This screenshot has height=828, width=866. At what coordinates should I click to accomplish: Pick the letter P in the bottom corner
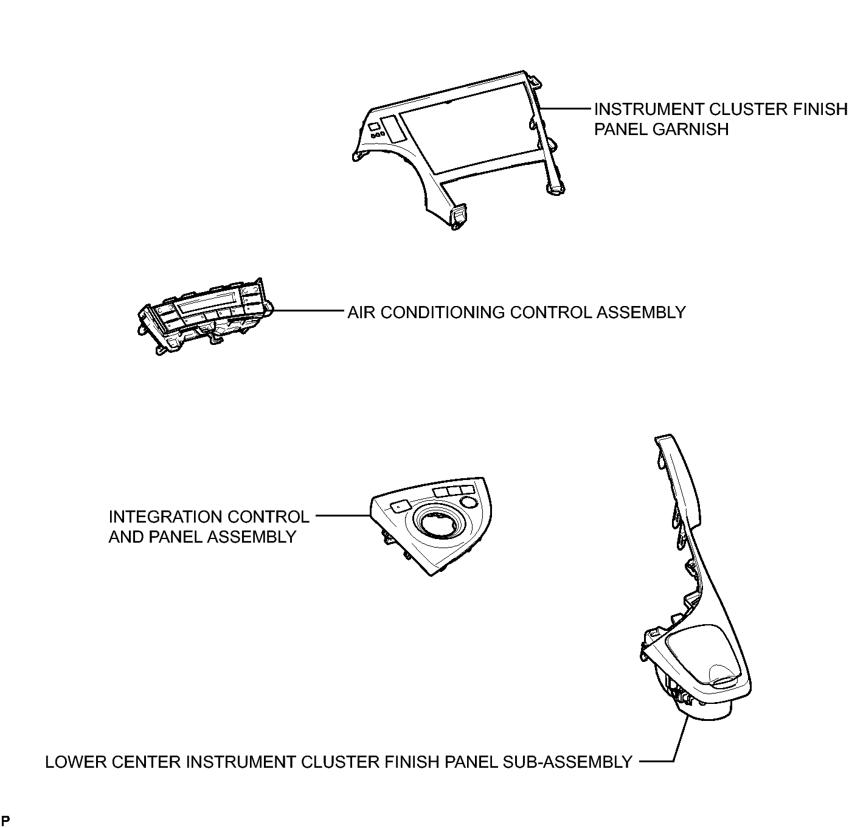(5, 821)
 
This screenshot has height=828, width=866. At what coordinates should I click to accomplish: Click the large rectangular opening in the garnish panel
(469, 127)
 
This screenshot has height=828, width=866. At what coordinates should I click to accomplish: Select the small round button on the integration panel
(469, 502)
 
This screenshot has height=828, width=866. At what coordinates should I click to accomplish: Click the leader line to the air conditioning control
(307, 311)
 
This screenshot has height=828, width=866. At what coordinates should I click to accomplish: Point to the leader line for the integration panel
(343, 516)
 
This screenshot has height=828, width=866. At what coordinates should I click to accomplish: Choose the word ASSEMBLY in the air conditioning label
(641, 313)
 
